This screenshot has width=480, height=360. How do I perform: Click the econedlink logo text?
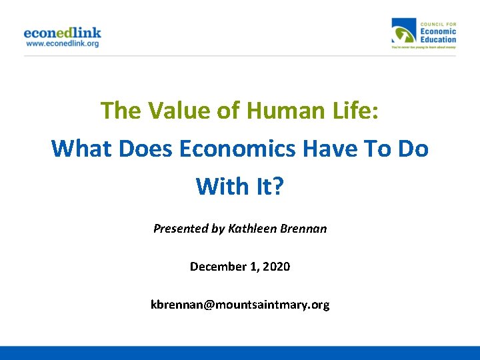(x=62, y=32)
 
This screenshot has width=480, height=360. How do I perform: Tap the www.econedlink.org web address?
(x=62, y=43)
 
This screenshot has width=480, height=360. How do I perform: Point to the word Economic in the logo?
(x=438, y=31)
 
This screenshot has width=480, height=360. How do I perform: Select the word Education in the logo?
(x=438, y=39)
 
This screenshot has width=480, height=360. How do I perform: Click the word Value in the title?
(x=175, y=110)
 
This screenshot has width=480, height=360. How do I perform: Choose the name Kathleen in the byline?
(x=253, y=229)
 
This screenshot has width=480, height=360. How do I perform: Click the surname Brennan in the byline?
(x=305, y=229)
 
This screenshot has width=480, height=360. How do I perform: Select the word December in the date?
(x=217, y=267)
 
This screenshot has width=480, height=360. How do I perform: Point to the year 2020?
(x=277, y=267)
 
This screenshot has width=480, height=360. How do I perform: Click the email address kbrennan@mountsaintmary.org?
(x=240, y=305)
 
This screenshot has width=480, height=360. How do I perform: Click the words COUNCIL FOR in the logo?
(x=437, y=23)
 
